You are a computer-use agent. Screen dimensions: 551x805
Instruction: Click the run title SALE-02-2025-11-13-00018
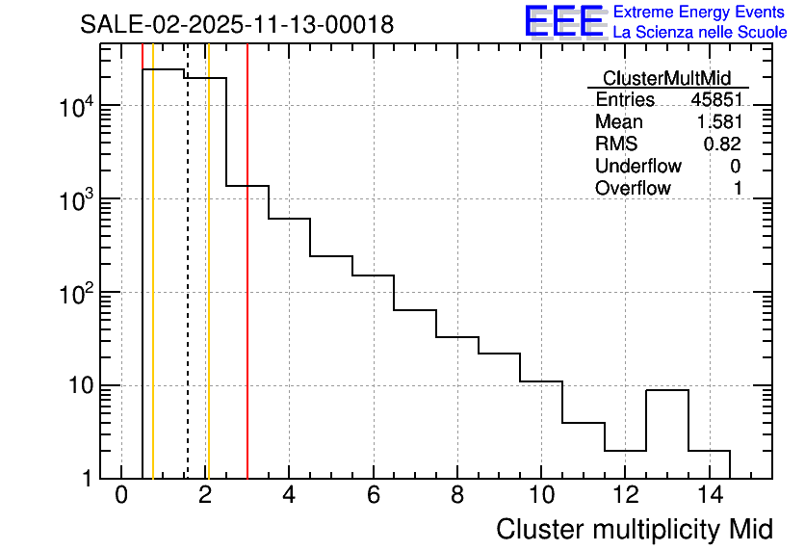[237, 24]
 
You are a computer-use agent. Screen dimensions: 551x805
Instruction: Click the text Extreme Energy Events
[700, 13]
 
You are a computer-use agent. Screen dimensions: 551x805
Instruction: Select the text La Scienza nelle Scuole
[700, 33]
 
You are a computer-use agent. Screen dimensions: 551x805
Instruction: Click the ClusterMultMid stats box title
[666, 78]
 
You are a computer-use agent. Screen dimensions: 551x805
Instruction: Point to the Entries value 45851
[715, 100]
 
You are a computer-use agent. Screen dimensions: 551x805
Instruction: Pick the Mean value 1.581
[718, 122]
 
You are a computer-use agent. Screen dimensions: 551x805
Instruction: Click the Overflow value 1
[738, 189]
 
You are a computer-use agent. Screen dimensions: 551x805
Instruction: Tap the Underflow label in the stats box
[638, 167]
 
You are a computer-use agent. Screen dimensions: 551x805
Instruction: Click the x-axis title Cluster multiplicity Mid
[634, 529]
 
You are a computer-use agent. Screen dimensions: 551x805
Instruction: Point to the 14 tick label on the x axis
[708, 497]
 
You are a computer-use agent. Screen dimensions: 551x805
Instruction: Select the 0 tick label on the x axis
[121, 497]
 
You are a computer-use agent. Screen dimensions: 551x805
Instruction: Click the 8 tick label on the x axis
[456, 497]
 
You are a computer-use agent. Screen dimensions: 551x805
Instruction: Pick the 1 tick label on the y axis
[87, 480]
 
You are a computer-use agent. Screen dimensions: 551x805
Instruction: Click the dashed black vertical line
[187, 289]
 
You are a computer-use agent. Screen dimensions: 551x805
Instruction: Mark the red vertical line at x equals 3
[247, 289]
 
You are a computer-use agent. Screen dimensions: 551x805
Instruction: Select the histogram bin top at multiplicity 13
[666, 390]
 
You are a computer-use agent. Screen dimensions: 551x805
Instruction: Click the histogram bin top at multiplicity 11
[583, 422]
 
